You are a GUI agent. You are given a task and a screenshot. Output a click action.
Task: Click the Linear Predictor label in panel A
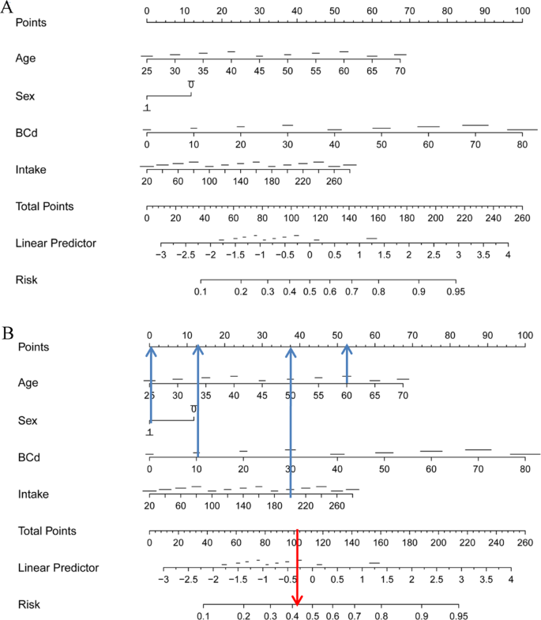click(x=55, y=243)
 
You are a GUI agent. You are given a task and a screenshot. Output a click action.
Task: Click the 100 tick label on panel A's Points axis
click(x=522, y=11)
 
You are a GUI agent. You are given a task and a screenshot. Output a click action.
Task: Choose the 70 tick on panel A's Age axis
click(x=400, y=71)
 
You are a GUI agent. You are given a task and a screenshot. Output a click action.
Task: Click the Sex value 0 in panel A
click(x=191, y=85)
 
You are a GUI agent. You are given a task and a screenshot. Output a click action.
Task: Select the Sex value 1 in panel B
click(x=148, y=432)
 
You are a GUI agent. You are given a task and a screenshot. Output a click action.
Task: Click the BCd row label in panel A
click(x=27, y=133)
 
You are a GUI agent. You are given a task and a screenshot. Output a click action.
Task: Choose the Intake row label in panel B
click(x=32, y=494)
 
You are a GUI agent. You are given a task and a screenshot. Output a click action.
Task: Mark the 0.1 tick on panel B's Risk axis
click(x=203, y=616)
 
